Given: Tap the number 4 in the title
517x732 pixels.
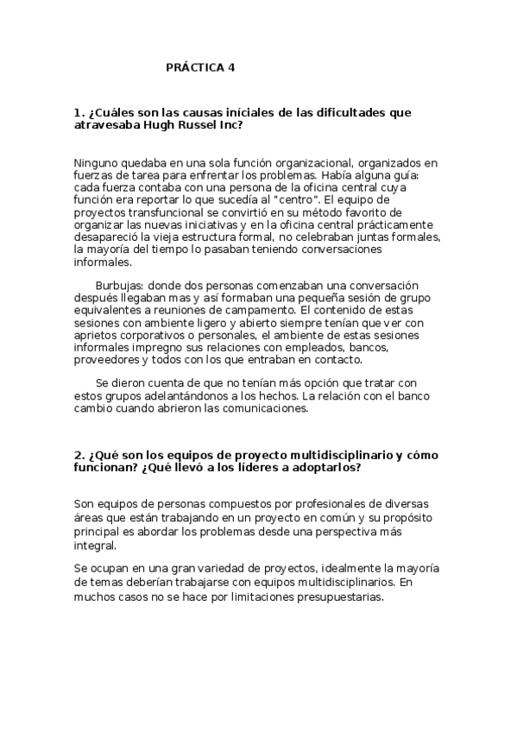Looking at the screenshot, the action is point(231,66).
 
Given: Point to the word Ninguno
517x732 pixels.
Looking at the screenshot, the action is point(99,162).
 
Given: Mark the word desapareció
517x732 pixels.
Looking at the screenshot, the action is point(110,237).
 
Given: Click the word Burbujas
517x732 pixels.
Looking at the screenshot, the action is point(121,286).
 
